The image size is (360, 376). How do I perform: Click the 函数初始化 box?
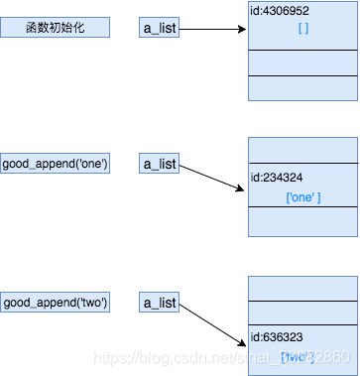tap(56, 27)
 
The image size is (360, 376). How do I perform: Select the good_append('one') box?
tap(56, 164)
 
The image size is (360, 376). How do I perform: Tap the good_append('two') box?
tap(56, 302)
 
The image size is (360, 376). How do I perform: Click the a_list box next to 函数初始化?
tap(159, 27)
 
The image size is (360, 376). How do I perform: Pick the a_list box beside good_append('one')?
tap(159, 164)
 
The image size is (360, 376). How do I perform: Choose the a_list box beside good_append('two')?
tap(159, 302)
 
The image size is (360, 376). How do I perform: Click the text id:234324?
tap(278, 180)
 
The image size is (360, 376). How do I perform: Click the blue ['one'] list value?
tap(302, 197)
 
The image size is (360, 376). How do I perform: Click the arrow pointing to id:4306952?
tap(212, 28)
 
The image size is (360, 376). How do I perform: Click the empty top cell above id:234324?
tap(302, 150)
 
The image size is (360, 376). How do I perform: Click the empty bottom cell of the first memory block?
tap(302, 88)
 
